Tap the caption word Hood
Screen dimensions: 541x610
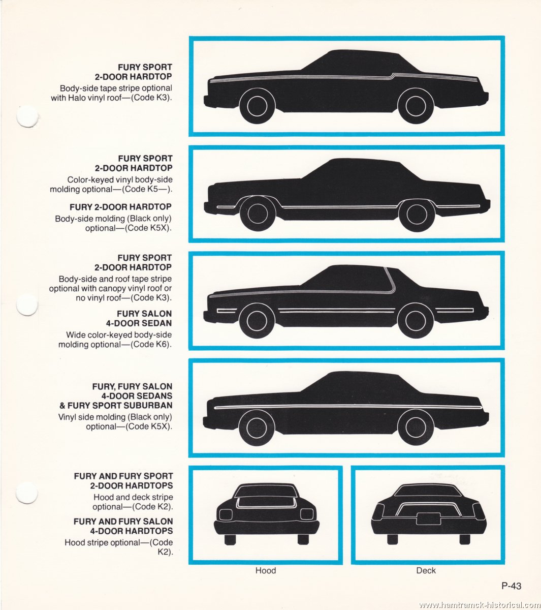pyautogui.click(x=265, y=570)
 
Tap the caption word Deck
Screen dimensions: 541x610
pyautogui.click(x=426, y=570)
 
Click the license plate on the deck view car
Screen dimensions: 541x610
pyautogui.click(x=429, y=518)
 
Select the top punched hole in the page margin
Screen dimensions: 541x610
pyautogui.click(x=27, y=116)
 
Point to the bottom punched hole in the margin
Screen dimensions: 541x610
pyautogui.click(x=27, y=493)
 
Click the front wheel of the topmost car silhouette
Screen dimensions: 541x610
pyautogui.click(x=257, y=105)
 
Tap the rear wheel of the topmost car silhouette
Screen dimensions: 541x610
pyautogui.click(x=416, y=105)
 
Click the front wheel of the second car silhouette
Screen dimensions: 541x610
pyautogui.click(x=258, y=213)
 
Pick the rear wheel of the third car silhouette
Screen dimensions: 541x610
pyautogui.click(x=415, y=320)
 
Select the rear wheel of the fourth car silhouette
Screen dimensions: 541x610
pyautogui.click(x=416, y=427)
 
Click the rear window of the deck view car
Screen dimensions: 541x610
pyautogui.click(x=428, y=491)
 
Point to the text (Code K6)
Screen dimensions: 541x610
pyautogui.click(x=151, y=344)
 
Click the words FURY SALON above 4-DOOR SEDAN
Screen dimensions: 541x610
pyautogui.click(x=144, y=314)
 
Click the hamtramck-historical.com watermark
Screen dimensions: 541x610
pyautogui.click(x=480, y=604)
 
